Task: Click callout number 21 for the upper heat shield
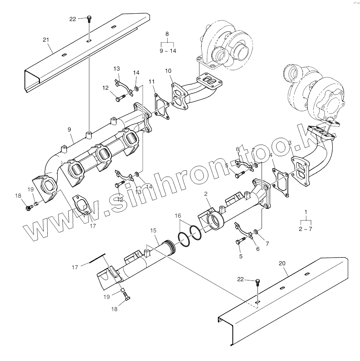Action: (x=46, y=40)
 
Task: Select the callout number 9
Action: (x=69, y=130)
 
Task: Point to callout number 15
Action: (x=153, y=230)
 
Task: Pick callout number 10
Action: (x=168, y=70)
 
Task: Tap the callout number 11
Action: (x=152, y=81)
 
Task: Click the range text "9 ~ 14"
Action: (x=168, y=51)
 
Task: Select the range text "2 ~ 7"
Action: (x=306, y=229)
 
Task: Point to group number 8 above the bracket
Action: (x=167, y=34)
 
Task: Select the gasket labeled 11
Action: (x=160, y=106)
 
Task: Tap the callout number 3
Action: (x=290, y=143)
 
